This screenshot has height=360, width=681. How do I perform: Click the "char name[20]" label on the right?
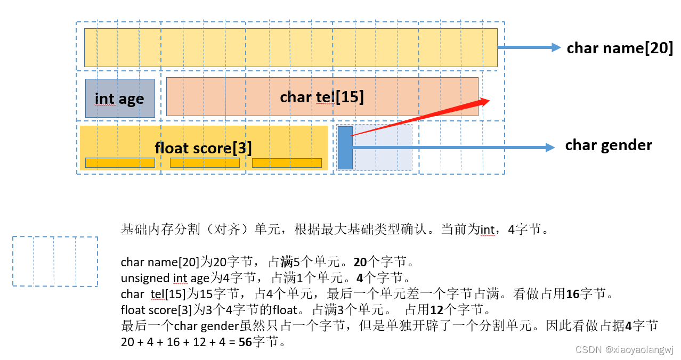[x=620, y=48]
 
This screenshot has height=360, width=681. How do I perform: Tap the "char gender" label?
[x=609, y=145]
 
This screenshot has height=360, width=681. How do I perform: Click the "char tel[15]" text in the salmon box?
[x=322, y=97]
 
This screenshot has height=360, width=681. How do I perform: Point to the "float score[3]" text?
[x=203, y=148]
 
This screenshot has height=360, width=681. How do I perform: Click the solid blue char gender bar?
[x=345, y=148]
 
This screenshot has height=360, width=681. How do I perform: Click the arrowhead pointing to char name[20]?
[x=556, y=47]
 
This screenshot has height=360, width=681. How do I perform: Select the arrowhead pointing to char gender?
[x=550, y=148]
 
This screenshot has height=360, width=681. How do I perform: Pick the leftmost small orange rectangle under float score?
[x=120, y=162]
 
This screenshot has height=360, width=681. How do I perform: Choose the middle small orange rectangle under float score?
[x=205, y=162]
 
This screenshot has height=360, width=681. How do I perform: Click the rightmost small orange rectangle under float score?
[x=287, y=162]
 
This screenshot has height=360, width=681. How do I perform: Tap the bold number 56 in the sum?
[x=245, y=342]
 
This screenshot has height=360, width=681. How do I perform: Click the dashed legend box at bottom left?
[x=55, y=261]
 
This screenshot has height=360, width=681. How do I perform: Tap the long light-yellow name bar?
[x=290, y=47]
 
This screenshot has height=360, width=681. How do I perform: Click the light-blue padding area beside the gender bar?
[x=382, y=148]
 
